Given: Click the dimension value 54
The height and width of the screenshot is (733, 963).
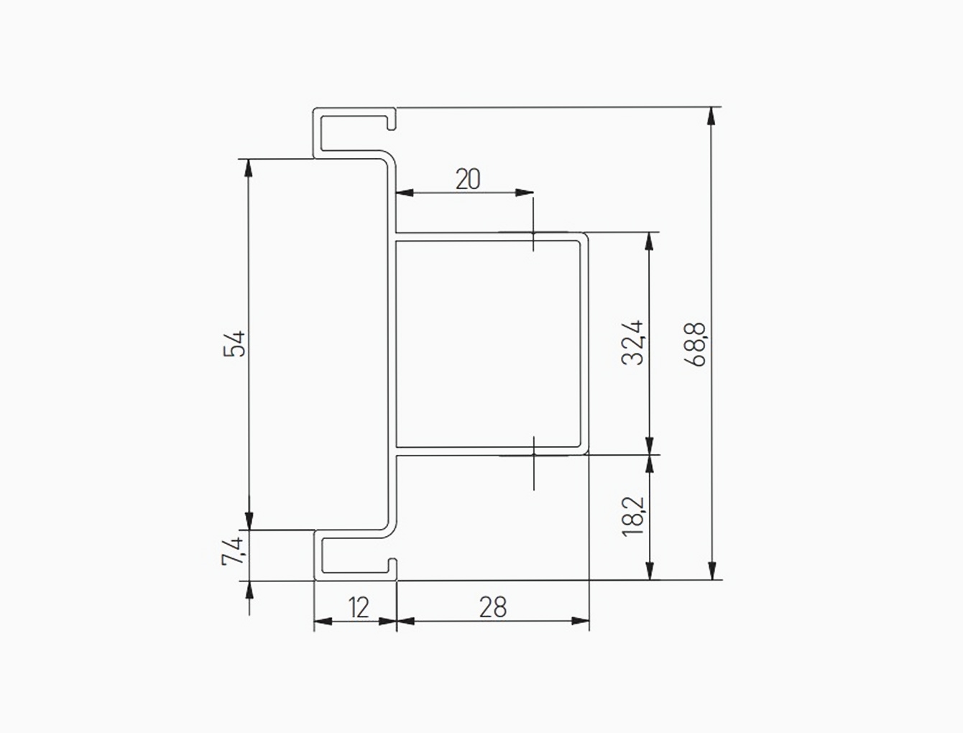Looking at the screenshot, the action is [234, 344].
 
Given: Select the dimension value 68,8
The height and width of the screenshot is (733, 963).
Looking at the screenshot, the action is [694, 344].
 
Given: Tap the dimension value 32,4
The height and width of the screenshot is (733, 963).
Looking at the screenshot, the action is [632, 343].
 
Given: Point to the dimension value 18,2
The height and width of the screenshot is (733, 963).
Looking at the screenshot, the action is [632, 516].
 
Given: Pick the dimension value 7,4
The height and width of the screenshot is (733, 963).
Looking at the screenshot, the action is [233, 551].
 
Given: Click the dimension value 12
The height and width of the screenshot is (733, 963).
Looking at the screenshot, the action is [359, 608].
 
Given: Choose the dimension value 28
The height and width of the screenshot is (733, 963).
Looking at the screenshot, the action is [493, 607].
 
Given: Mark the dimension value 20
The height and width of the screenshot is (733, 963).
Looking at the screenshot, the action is [468, 179].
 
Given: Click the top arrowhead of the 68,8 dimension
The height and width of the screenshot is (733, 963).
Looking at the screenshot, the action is [711, 116].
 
